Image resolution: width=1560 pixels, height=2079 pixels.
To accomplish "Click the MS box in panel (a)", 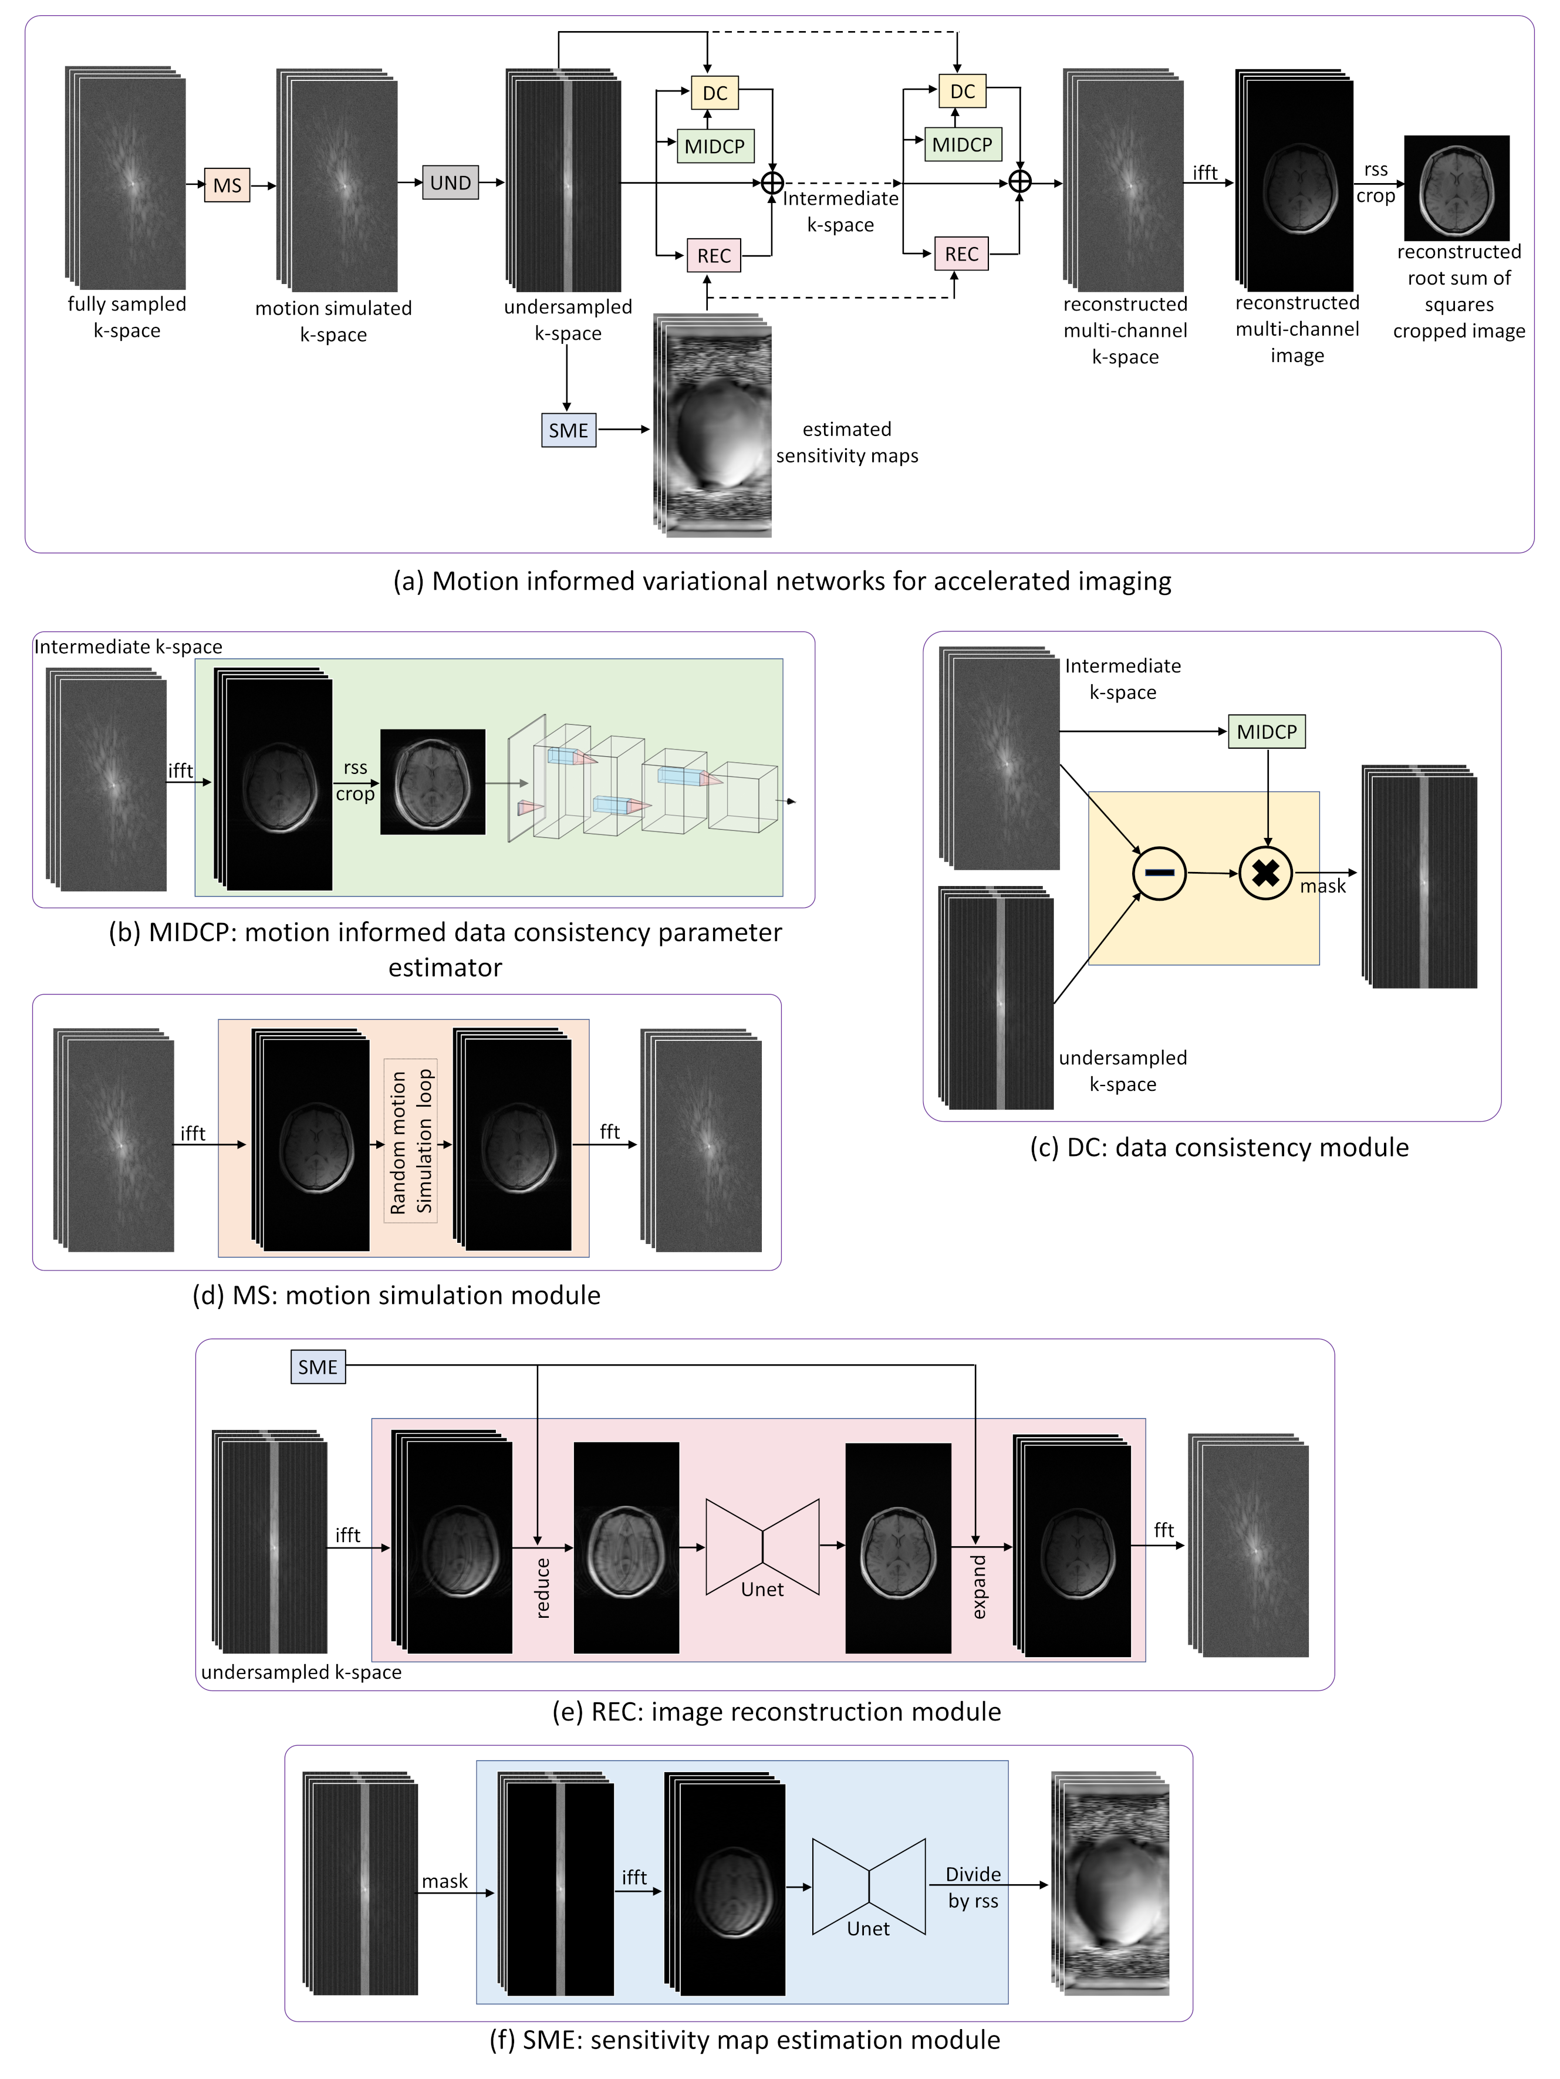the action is click(x=228, y=185).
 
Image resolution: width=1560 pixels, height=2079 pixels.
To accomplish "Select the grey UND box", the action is click(x=450, y=182).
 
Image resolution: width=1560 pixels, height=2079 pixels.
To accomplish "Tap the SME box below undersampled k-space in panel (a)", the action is click(x=569, y=431).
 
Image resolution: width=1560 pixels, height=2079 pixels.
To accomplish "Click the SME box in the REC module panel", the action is click(x=318, y=1367).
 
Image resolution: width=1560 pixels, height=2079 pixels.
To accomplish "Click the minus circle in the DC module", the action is click(x=1159, y=873).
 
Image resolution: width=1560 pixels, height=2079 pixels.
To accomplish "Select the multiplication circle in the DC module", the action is click(x=1266, y=873).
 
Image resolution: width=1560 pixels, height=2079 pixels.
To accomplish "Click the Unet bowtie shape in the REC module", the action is click(x=762, y=1547).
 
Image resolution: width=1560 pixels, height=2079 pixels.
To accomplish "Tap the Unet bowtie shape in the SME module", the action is click(x=869, y=1887).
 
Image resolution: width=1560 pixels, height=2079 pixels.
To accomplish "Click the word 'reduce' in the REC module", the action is click(x=542, y=1588).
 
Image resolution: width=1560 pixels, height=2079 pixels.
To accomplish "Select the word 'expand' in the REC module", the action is click(x=979, y=1587).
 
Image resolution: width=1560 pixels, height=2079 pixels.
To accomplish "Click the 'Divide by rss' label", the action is click(x=973, y=1887).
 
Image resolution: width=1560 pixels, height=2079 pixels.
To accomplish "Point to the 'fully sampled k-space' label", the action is click(x=127, y=317).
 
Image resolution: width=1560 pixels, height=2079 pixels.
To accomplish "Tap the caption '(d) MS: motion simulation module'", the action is click(x=397, y=1295).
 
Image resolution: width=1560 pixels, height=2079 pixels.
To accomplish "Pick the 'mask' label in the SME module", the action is click(x=445, y=1881).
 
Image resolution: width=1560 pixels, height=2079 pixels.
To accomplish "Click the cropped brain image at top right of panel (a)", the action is click(x=1457, y=188).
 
